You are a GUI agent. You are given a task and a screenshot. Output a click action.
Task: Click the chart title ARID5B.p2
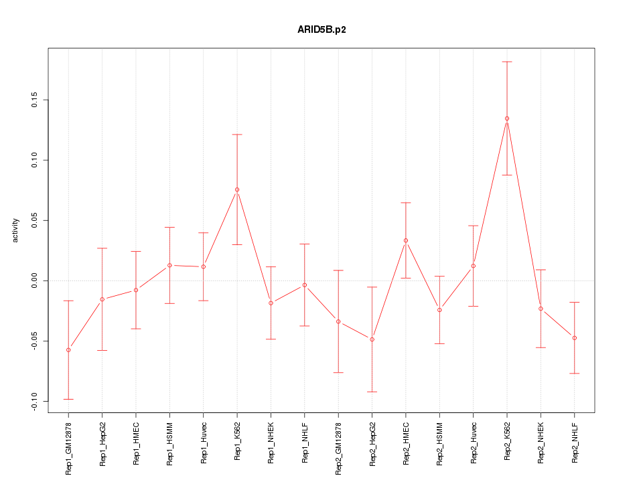[321, 30]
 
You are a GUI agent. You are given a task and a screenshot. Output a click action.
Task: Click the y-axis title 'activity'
[15, 230]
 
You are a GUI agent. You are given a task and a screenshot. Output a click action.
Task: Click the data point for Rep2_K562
[507, 118]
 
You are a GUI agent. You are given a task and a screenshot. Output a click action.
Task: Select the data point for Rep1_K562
[237, 189]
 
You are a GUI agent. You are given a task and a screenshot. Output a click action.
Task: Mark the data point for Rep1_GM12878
[68, 350]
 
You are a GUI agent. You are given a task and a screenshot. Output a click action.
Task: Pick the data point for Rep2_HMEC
[406, 240]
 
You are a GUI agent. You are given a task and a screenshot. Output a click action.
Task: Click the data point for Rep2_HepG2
[372, 339]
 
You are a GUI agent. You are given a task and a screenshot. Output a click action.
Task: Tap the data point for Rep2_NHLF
[575, 337]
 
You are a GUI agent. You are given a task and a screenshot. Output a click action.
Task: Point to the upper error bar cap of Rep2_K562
[507, 62]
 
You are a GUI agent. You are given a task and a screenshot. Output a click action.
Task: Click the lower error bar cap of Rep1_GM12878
[68, 399]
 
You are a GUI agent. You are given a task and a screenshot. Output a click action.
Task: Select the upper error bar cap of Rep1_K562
[237, 135]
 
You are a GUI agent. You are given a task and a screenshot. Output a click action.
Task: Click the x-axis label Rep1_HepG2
[102, 444]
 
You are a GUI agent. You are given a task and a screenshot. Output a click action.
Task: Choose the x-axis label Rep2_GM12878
[339, 448]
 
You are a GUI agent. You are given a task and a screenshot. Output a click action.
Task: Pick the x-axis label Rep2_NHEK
[541, 443]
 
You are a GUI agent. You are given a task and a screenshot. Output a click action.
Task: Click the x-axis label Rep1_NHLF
[305, 443]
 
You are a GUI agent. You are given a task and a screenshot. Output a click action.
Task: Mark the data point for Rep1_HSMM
[169, 265]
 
